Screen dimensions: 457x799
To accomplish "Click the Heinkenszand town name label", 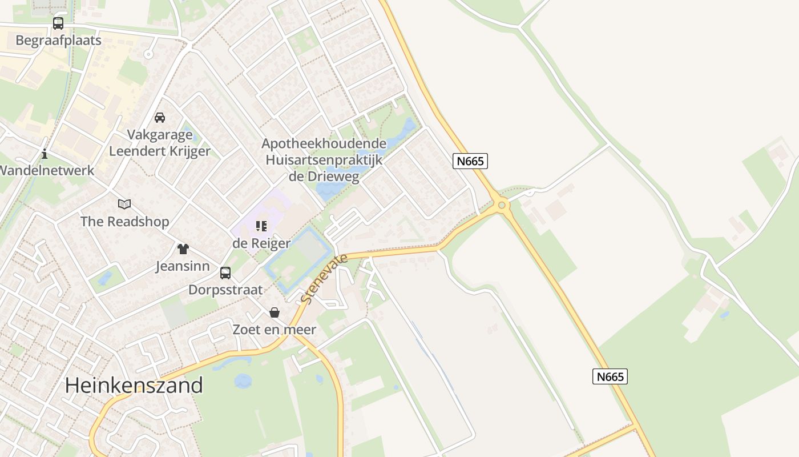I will [x=134, y=385].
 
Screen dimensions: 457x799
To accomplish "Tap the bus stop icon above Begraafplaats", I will [x=58, y=23].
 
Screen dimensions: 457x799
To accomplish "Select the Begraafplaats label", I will [x=58, y=40].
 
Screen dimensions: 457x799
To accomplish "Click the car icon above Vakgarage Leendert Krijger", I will [x=160, y=118].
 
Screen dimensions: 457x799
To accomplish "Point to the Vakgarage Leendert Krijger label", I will [x=160, y=143].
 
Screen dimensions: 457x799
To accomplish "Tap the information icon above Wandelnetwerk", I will [x=45, y=154].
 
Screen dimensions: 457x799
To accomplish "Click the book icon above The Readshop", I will [x=124, y=204].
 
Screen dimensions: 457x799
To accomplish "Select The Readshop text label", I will [x=125, y=222].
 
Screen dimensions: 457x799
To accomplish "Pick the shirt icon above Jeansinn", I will [x=183, y=249].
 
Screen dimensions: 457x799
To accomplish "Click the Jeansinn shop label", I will [x=183, y=266].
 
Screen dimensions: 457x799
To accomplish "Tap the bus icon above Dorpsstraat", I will [x=225, y=272].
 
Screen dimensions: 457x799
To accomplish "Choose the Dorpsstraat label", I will [x=225, y=290].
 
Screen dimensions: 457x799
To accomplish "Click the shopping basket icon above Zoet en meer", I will [x=275, y=312].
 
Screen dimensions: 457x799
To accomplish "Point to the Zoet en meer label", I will [x=274, y=330].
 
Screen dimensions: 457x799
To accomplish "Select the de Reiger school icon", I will [x=261, y=226].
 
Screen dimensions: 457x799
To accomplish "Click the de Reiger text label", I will [x=261, y=243].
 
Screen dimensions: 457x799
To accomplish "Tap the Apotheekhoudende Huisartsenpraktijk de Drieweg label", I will [x=324, y=160].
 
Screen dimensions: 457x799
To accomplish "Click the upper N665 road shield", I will [x=471, y=161].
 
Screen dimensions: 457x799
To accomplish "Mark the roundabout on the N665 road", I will [x=502, y=205].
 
